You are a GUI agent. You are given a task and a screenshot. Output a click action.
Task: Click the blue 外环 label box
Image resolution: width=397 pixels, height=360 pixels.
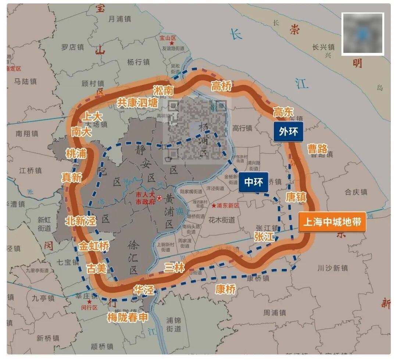click(288, 132)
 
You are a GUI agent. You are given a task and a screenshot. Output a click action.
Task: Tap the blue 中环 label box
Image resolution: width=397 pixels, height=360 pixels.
click(253, 182)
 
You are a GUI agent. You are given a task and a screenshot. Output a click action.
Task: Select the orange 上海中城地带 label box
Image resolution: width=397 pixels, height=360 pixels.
click(332, 222)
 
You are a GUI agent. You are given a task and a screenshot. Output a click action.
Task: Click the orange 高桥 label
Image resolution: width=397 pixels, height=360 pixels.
click(221, 86)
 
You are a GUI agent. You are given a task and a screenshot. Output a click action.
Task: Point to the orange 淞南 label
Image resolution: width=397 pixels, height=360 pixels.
click(163, 90)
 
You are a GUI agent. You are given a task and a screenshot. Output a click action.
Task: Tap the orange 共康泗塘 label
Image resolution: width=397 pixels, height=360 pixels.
click(137, 103)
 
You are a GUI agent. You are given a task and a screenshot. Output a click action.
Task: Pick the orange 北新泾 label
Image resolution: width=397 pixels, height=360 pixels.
click(81, 221)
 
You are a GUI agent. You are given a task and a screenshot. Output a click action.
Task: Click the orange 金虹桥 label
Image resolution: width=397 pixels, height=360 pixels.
click(94, 246)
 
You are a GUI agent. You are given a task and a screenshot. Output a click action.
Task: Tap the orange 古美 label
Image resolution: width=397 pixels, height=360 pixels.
click(96, 268)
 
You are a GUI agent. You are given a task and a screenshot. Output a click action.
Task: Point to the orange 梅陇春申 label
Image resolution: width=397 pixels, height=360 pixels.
click(127, 317)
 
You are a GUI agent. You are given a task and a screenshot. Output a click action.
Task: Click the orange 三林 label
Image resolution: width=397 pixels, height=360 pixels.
click(175, 267)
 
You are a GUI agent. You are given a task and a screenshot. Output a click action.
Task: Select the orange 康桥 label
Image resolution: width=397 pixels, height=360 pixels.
click(225, 289)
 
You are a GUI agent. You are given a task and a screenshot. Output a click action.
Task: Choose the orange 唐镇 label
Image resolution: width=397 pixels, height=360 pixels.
click(296, 197)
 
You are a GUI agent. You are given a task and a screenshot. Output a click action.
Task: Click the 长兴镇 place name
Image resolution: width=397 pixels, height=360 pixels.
click(323, 47)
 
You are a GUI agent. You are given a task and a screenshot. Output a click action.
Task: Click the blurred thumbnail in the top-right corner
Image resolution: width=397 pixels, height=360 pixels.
click(362, 34)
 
